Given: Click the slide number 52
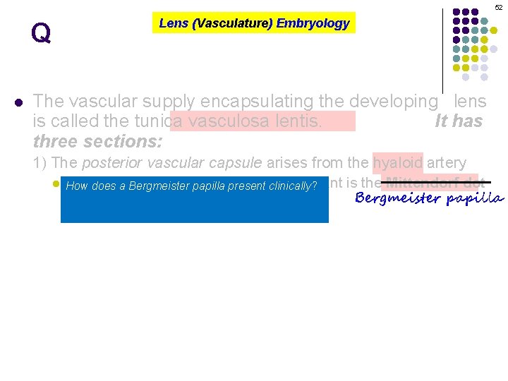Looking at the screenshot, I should (x=498, y=7).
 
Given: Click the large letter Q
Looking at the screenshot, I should (x=41, y=34).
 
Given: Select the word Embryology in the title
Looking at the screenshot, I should (x=313, y=23).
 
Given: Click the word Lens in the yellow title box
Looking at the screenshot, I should (x=173, y=23).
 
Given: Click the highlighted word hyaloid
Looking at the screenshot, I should (x=398, y=163).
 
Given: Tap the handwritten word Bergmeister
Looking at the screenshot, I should (x=398, y=198).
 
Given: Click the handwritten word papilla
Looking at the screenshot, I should (x=475, y=199).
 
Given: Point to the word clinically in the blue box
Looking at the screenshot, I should (x=291, y=187).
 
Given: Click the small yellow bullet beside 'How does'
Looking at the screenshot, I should (x=56, y=185).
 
